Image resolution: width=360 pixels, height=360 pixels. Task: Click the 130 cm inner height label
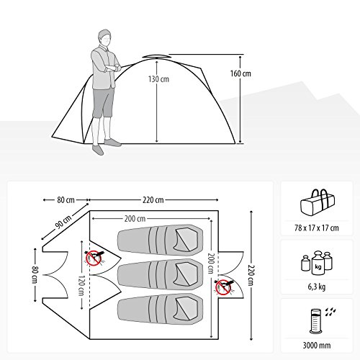point(158,79)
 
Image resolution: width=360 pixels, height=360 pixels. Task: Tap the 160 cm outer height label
point(240,73)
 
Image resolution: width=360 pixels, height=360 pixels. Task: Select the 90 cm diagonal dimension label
point(63,222)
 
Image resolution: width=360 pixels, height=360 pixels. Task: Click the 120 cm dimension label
point(81,286)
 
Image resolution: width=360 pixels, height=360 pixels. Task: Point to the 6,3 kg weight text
point(317,287)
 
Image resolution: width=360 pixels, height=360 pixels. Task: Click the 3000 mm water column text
point(317,346)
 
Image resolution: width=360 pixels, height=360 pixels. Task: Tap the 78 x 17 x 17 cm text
point(317,228)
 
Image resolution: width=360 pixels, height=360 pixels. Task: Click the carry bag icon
point(318,202)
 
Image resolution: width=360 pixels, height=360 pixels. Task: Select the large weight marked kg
point(318,263)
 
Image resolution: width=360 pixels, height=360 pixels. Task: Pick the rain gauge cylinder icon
point(315,321)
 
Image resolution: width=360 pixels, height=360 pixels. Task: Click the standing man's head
point(104,37)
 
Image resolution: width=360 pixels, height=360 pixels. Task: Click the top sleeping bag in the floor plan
point(160,240)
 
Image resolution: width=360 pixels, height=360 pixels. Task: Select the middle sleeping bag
point(160,274)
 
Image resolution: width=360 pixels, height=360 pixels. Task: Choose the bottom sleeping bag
point(160,309)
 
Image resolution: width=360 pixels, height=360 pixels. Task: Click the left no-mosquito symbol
point(94,258)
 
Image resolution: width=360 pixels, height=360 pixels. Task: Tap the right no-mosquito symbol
point(223,287)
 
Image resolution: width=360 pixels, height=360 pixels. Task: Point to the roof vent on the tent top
point(156,57)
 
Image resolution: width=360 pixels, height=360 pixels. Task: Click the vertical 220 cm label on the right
point(251,275)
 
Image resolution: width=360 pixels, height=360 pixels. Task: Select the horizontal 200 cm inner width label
point(135,219)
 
